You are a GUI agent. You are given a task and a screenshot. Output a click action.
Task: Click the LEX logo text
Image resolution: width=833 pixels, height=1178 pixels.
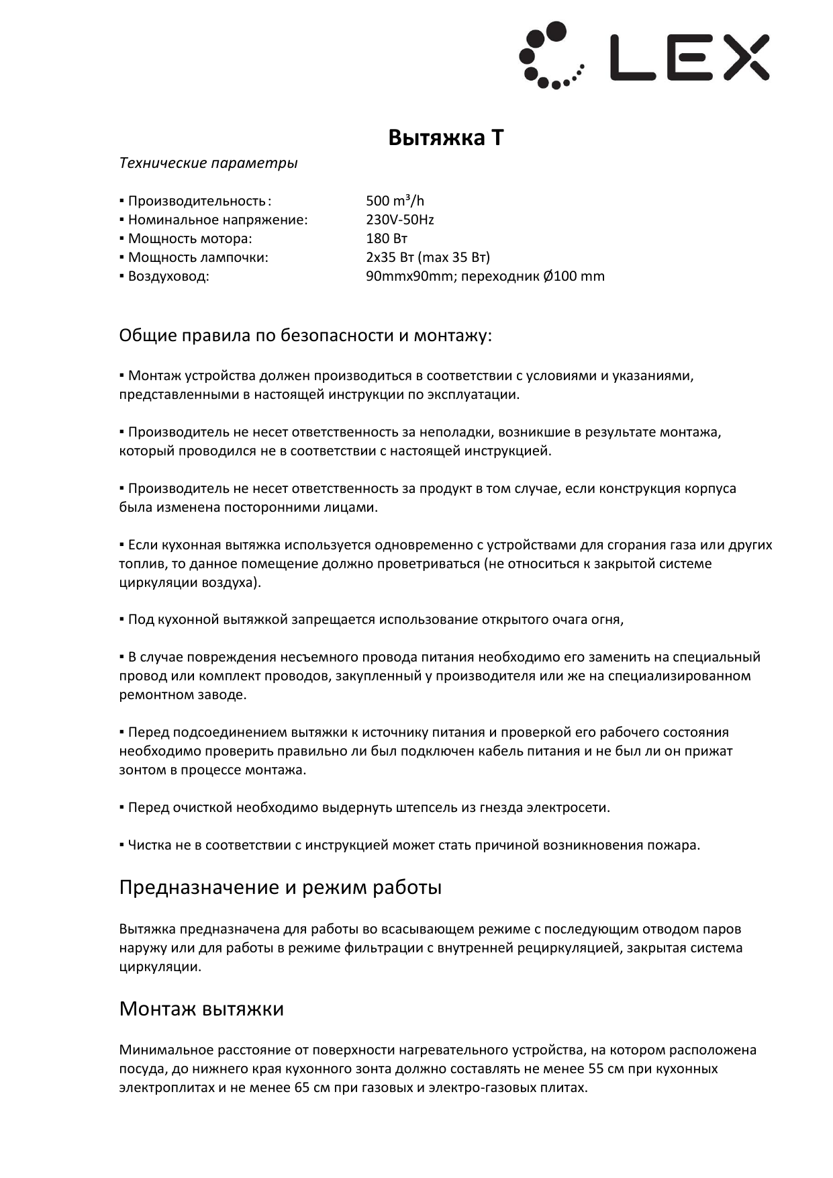click(x=689, y=58)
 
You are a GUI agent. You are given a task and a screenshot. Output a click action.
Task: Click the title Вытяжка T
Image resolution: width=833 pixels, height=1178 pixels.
click(x=446, y=138)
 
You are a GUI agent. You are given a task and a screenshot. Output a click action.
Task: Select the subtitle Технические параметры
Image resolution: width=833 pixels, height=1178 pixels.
click(x=208, y=163)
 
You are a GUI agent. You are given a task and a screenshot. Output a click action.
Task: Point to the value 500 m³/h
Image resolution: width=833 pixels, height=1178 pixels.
click(x=395, y=201)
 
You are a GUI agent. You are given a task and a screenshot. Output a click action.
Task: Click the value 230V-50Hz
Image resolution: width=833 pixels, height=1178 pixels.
click(x=399, y=220)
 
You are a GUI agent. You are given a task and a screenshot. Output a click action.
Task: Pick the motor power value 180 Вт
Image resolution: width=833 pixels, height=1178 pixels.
click(x=387, y=238)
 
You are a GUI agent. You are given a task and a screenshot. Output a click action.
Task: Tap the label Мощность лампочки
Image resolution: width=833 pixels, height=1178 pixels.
click(x=197, y=257)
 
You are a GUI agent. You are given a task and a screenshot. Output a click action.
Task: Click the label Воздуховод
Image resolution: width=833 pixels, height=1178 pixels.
click(x=168, y=276)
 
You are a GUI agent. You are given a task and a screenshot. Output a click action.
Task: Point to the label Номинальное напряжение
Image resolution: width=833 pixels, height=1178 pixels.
click(x=217, y=220)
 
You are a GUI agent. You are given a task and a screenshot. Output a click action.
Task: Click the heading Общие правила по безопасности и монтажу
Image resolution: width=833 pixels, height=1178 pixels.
click(x=305, y=335)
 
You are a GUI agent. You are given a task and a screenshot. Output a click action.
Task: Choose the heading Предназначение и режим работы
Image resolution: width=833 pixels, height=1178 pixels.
click(x=280, y=887)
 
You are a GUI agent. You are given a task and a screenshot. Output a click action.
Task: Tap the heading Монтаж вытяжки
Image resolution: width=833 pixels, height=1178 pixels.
click(x=201, y=1009)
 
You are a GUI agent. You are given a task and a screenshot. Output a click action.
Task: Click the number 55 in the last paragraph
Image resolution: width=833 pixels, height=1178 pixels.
click(x=595, y=1069)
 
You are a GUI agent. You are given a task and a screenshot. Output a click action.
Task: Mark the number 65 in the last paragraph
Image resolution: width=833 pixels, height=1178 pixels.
click(x=301, y=1087)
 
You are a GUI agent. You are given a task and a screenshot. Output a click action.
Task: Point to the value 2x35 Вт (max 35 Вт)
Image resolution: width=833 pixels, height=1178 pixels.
click(x=428, y=257)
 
